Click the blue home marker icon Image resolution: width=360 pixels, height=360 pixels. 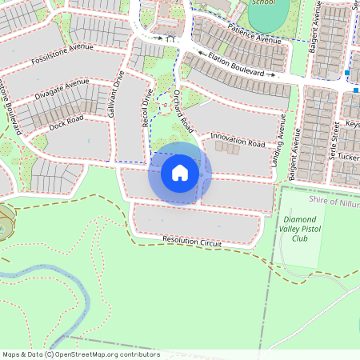pos(180,173)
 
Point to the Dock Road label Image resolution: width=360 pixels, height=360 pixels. pos(66,122)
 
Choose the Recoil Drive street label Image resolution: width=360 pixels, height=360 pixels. pos(146,107)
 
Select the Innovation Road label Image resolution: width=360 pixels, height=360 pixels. pos(237,141)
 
